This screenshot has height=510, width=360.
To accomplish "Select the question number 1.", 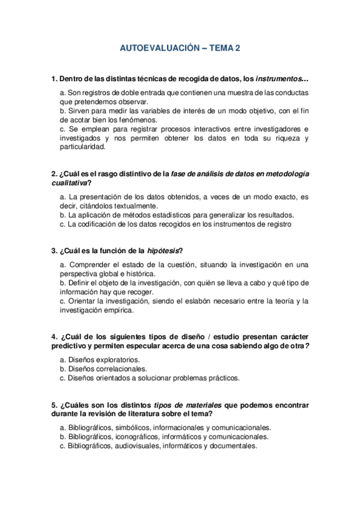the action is coord(54,79).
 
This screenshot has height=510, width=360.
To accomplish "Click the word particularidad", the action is coord(83,146).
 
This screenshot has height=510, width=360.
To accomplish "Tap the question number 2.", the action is coord(54,174).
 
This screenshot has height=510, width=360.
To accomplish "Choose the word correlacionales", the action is coord(120,369).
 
